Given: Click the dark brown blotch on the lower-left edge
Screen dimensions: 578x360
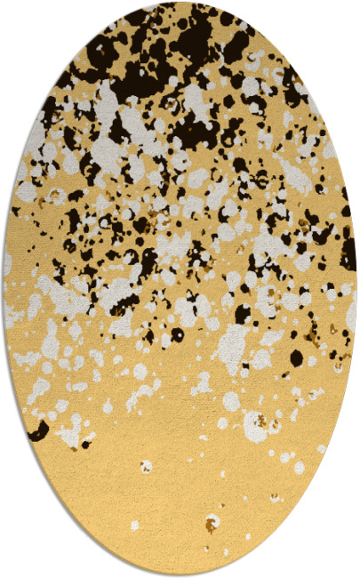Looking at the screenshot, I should click(x=38, y=431).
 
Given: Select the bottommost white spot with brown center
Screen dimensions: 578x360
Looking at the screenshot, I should click(x=212, y=523).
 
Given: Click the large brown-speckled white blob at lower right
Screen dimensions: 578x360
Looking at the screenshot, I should click(x=259, y=425).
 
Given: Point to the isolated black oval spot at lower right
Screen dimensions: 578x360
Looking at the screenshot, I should click(x=296, y=357).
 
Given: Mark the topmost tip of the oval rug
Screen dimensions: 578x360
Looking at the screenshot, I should click(x=180, y=3).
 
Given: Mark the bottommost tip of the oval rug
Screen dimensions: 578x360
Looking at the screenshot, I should click(x=180, y=574).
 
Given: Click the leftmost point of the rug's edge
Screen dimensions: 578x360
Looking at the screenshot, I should click(x=4, y=289).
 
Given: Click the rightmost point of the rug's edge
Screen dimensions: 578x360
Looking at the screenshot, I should click(x=356, y=289).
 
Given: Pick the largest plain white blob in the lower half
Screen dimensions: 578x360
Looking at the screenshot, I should click(x=233, y=338).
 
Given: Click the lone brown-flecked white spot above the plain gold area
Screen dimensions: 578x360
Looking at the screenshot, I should click(x=145, y=466).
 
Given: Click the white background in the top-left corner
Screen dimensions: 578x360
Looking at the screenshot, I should click(x=13, y=13).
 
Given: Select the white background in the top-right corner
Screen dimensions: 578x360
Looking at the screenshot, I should click(x=347, y=13).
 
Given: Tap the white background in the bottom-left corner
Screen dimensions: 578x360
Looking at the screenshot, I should click(x=13, y=565).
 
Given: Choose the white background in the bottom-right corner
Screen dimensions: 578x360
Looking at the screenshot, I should click(x=347, y=565).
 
